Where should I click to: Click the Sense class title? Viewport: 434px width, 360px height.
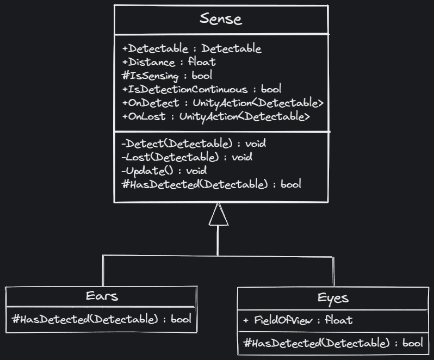[x=220, y=19]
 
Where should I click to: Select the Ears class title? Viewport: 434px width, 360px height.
[x=102, y=296]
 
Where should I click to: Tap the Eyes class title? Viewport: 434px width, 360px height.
[x=333, y=298]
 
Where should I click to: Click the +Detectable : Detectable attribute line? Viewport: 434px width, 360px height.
[x=191, y=49]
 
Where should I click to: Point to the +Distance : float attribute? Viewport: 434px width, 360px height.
[x=169, y=62]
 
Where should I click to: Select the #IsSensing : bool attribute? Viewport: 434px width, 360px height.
[x=167, y=75]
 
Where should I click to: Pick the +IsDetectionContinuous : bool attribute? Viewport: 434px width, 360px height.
[x=201, y=89]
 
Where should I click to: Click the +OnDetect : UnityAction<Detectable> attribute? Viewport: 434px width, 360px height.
[x=222, y=102]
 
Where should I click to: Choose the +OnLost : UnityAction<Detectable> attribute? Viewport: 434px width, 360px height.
[x=216, y=116]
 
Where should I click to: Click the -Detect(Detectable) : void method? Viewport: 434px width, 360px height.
[x=194, y=144]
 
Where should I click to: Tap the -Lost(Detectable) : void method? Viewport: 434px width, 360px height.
[x=187, y=158]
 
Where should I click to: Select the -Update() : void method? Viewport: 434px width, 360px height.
[x=164, y=171]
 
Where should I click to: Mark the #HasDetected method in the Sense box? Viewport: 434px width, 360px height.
[x=212, y=184]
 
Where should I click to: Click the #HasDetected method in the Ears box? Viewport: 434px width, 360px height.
[x=102, y=319]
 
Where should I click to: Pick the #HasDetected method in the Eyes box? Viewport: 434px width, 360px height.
[x=333, y=343]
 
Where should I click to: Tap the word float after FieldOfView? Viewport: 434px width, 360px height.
[x=338, y=320]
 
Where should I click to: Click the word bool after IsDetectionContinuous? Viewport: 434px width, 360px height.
[x=271, y=89]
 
